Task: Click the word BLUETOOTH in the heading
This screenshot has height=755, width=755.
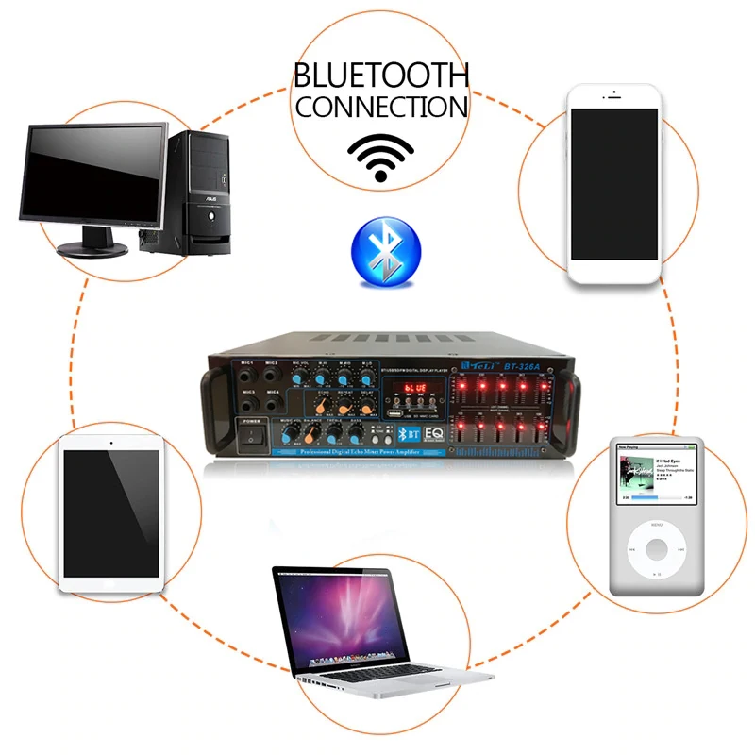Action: point(380,75)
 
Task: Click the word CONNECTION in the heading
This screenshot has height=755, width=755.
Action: point(380,106)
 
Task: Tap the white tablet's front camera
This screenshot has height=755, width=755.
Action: point(111,442)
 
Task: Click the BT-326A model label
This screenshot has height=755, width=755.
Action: point(521,365)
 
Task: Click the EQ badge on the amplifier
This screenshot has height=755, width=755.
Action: point(436,435)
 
